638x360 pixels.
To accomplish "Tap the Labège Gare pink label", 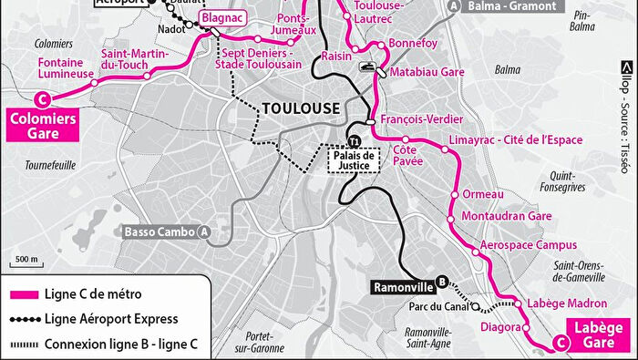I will (x=595, y=334).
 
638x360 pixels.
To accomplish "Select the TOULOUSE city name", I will (x=300, y=108).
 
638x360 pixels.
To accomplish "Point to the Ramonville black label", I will (x=403, y=286).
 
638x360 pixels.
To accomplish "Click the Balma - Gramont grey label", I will (x=512, y=6).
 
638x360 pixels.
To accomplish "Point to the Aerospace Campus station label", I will (x=528, y=245).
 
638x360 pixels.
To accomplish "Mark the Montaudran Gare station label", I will (x=507, y=217).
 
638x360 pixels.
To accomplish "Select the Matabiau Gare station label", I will (x=424, y=71).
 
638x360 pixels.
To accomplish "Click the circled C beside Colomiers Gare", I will (x=39, y=99).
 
